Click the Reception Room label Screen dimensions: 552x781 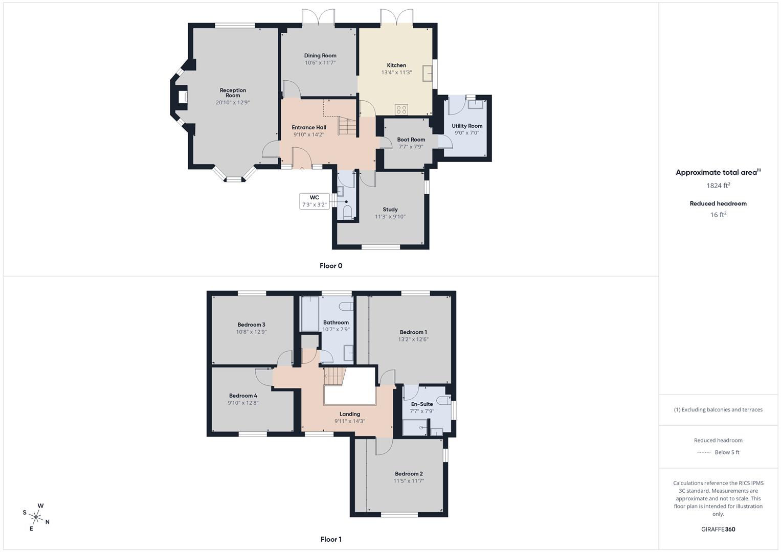click(233, 93)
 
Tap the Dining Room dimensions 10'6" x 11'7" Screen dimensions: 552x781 click(320, 63)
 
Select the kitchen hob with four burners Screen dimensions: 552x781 click(401, 109)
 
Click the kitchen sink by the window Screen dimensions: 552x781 click(427, 74)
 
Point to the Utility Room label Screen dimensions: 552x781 click(467, 126)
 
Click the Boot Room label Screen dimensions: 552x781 click(411, 140)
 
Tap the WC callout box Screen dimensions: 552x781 click(314, 201)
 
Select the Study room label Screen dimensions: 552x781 click(390, 209)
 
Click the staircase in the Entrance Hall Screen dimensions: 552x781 click(347, 126)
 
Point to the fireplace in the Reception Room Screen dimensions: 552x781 click(182, 97)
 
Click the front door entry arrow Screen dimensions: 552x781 click(302, 168)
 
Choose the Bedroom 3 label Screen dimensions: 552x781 click(251, 325)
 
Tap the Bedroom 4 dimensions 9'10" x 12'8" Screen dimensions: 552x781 click(243, 403)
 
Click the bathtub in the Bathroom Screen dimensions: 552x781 click(310, 313)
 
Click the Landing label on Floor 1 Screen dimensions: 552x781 click(350, 414)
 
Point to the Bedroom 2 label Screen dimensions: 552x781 click(409, 473)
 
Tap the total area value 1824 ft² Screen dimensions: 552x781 click(718, 186)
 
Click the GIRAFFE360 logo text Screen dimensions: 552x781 click(718, 530)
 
